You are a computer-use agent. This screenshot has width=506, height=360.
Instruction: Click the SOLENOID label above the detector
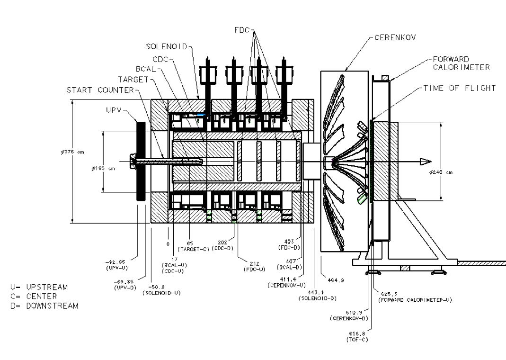[x=167, y=46]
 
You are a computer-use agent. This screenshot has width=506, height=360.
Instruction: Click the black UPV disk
[x=141, y=161]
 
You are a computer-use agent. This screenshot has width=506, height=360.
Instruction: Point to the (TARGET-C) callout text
[x=191, y=249]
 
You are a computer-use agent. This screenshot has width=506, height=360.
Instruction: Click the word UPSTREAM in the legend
[x=47, y=287]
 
